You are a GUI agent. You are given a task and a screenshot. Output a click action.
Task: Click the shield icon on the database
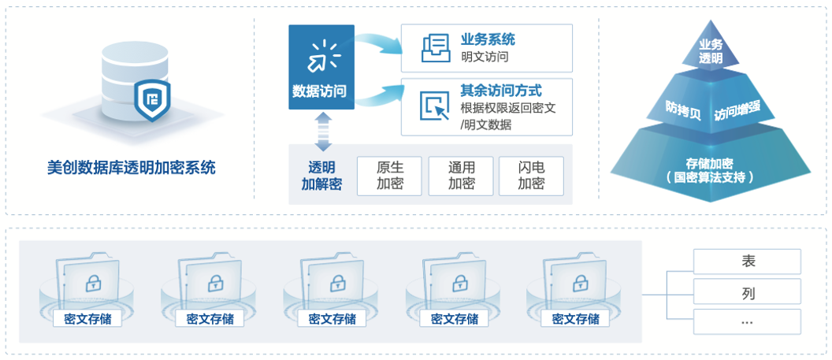coord(151,99)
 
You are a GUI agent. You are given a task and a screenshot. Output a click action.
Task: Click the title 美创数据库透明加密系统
coord(131,167)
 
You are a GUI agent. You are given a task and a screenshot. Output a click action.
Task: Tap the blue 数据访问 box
coord(321,67)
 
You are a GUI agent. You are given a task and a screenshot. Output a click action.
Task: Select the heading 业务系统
coord(488,40)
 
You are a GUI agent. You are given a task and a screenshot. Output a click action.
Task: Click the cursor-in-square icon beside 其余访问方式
coord(433,106)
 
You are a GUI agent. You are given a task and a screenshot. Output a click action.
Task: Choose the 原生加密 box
coord(389,176)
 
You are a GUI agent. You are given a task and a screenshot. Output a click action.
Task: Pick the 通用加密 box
coord(461,176)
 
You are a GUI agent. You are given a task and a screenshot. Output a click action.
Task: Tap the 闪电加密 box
coord(531,176)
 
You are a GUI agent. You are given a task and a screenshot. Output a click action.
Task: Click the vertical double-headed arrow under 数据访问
coord(321,131)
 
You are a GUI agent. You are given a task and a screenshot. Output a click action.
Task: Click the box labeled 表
coord(748,261)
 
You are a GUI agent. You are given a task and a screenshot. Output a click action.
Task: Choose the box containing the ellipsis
coord(748,321)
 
